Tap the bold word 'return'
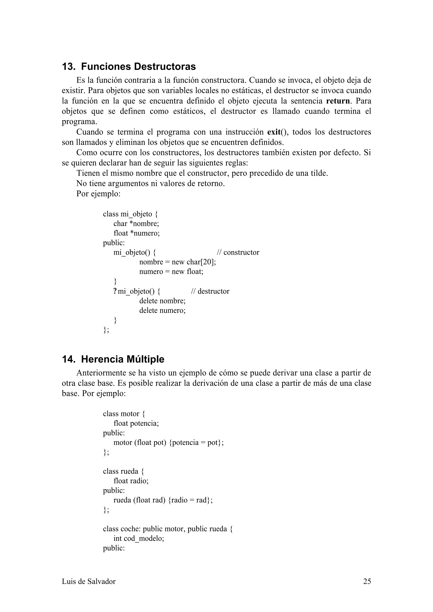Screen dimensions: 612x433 pyautogui.click(x=338, y=101)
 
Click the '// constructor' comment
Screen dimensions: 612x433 pyautogui.click(x=238, y=252)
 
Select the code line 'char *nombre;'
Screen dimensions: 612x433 pyautogui.click(x=136, y=223)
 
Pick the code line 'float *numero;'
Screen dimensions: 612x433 pyautogui.click(x=136, y=233)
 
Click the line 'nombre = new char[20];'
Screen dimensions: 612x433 pyautogui.click(x=177, y=262)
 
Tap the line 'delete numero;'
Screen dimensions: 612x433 pyautogui.click(x=162, y=310)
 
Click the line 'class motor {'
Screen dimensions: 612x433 pyautogui.click(x=124, y=414)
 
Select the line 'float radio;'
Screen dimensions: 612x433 pyautogui.click(x=131, y=481)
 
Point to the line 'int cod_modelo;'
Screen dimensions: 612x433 pyautogui.click(x=139, y=539)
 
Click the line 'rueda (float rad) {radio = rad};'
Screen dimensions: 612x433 pyautogui.click(x=163, y=500)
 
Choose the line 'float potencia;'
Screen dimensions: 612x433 pyautogui.click(x=136, y=423)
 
